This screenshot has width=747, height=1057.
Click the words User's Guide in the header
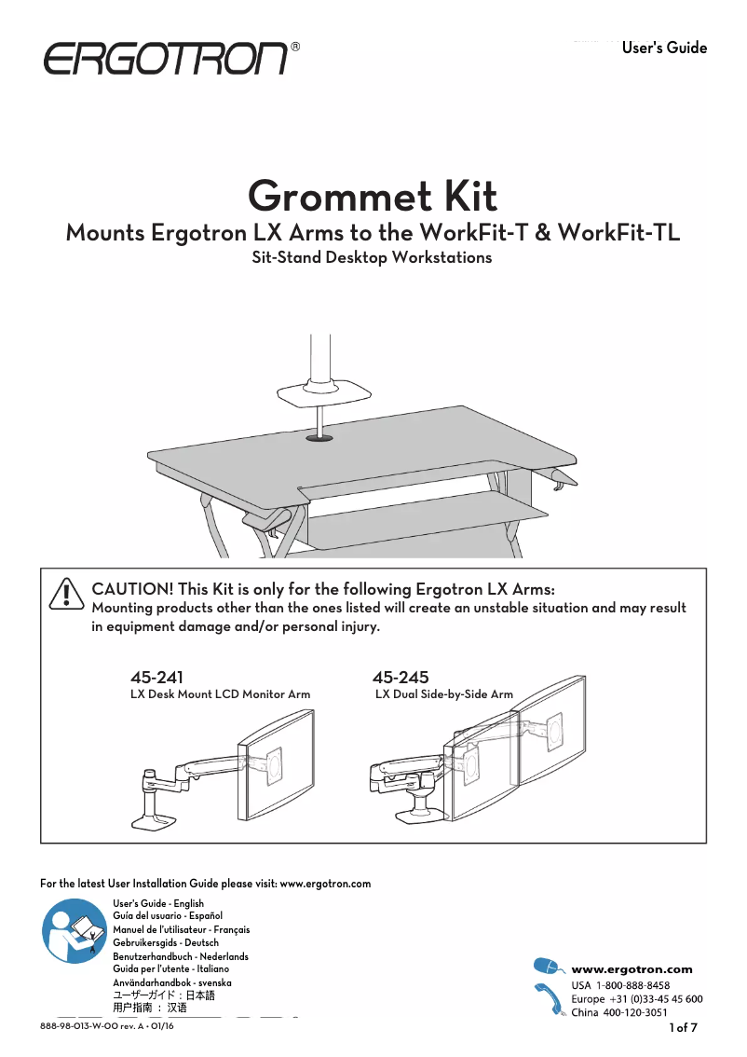pos(664,48)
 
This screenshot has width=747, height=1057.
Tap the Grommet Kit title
pos(373,197)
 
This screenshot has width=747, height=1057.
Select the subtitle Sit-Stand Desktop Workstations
pos(372,257)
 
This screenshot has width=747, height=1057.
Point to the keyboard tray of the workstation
pos(428,511)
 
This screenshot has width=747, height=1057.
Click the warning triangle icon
pos(67,594)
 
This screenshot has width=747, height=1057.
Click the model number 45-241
pos(150,678)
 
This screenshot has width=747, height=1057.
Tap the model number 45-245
pos(400,678)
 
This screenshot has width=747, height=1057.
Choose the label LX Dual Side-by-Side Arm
pos(443,694)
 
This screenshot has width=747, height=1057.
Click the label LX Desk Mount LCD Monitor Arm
pos(220,694)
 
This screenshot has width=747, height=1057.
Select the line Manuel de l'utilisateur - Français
pos(181,929)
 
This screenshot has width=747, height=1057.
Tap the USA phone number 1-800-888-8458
pos(632,985)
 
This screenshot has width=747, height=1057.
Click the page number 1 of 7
pos(684,1028)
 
